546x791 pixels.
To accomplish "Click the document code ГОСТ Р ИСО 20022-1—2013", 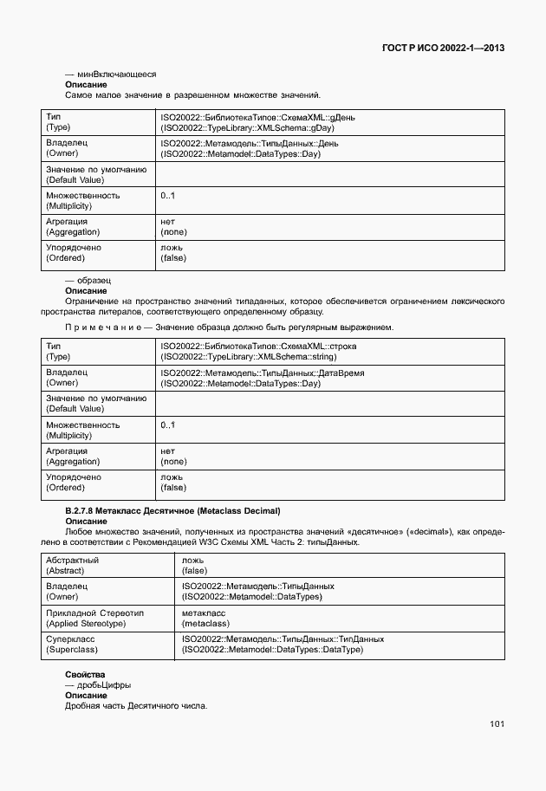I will (443, 48).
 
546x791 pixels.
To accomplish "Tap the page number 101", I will (497, 723).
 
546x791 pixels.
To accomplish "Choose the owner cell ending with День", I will (249, 147).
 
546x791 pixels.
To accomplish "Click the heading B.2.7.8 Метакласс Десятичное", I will (173, 511).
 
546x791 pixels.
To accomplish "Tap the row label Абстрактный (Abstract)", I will (72, 566).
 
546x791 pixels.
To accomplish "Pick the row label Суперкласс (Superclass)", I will (73, 644).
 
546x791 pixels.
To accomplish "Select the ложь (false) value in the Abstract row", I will (194, 566).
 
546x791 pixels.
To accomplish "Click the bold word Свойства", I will (85, 674).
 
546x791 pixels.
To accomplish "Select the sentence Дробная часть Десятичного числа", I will (136, 706).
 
